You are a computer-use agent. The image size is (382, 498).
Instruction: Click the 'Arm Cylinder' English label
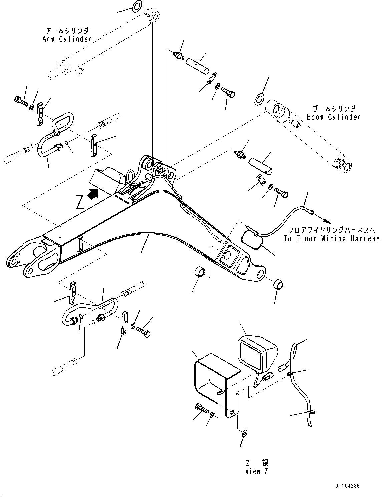click(67, 39)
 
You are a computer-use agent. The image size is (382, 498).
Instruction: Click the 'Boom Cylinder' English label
click(334, 117)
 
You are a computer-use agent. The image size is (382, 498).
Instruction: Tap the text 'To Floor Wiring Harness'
click(331, 238)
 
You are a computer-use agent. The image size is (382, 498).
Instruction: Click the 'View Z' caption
click(257, 471)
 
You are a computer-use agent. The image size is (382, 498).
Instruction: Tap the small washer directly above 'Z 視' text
click(244, 433)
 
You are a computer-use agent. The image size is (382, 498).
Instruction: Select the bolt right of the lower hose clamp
click(144, 332)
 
